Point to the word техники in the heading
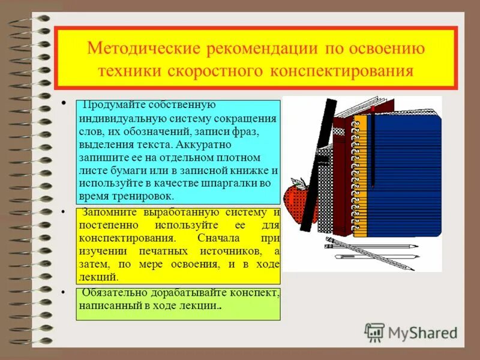130,71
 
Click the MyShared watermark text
422,332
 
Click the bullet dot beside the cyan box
64,104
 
